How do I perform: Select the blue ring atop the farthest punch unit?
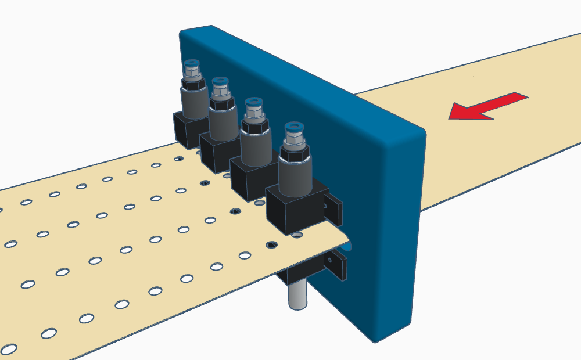point(191,63)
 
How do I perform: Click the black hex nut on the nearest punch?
point(293,153)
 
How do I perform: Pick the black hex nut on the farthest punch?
point(192,84)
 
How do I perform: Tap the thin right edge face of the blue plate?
point(418,232)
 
